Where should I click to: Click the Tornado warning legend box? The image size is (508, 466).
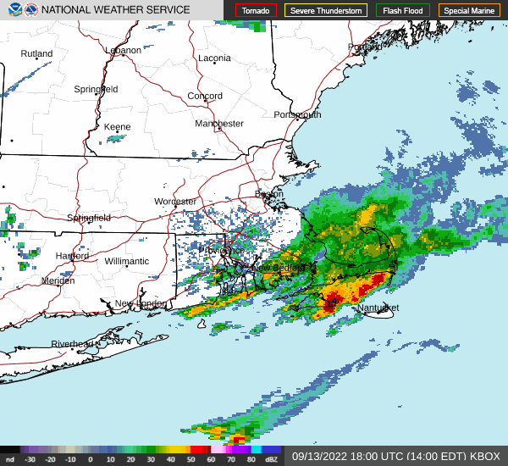tap(257, 11)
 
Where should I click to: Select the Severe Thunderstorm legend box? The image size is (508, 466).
tap(325, 11)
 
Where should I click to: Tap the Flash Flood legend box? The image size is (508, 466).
tap(402, 11)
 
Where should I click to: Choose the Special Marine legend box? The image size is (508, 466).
tap(469, 11)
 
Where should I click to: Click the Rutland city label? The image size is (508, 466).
tap(36, 53)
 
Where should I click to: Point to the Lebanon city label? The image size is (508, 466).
tap(123, 50)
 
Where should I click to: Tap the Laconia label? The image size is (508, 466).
tap(214, 58)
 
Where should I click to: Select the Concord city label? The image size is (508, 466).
tap(205, 97)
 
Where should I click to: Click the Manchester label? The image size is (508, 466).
tap(219, 124)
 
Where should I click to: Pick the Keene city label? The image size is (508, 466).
tap(117, 127)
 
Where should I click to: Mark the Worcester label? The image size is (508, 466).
tap(175, 202)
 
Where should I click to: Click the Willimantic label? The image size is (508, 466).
tap(127, 262)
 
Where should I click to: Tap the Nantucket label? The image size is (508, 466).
tap(377, 308)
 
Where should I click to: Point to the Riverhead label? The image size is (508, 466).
tap(73, 344)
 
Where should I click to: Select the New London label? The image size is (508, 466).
tap(141, 303)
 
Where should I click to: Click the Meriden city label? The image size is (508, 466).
tap(58, 280)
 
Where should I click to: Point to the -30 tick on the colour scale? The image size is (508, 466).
tap(30, 459)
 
